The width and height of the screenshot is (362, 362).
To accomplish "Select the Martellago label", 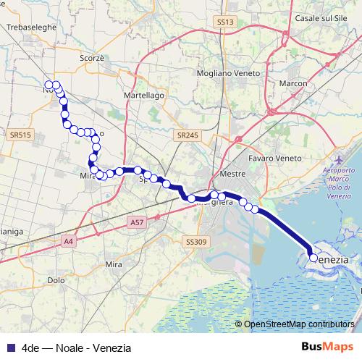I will point(145,95).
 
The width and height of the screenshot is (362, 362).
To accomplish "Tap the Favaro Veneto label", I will point(274,158).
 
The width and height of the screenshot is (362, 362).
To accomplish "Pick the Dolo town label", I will point(55,279).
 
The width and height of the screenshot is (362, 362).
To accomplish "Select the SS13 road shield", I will point(226,22).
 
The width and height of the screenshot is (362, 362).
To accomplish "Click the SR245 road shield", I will point(186,135).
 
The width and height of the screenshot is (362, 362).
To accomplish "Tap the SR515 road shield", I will point(22,135).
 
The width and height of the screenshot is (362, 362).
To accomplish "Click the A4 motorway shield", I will point(69,240).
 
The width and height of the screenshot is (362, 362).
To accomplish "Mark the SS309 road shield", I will point(195,241).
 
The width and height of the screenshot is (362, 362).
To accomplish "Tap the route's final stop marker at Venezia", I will point(313,257).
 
